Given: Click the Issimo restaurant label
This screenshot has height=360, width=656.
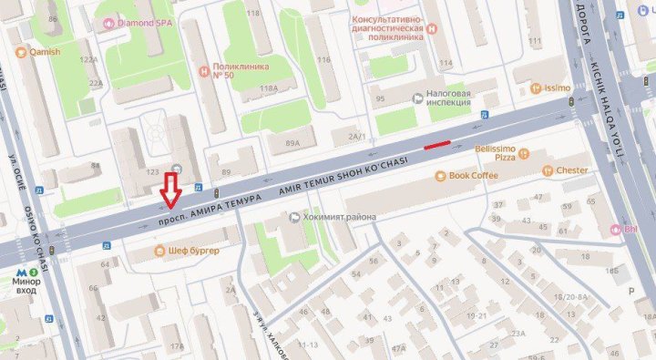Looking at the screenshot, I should [x=557, y=88].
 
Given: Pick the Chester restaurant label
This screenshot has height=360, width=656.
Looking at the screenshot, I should [x=571, y=170].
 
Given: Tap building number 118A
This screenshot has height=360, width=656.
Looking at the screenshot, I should [x=268, y=88].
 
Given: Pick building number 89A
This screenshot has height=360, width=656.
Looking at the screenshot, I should [x=292, y=143].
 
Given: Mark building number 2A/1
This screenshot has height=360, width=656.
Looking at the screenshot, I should [x=355, y=137].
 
